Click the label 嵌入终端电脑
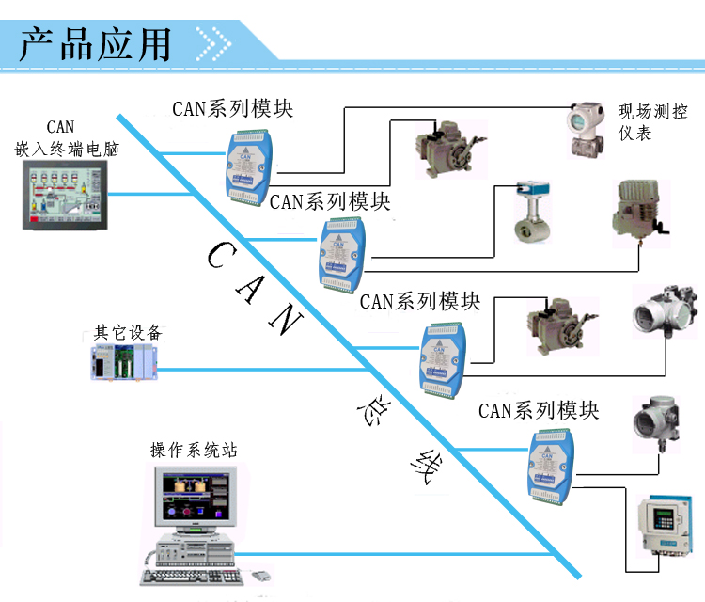click(67, 149)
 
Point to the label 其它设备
click(128, 333)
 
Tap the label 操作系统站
click(194, 450)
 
